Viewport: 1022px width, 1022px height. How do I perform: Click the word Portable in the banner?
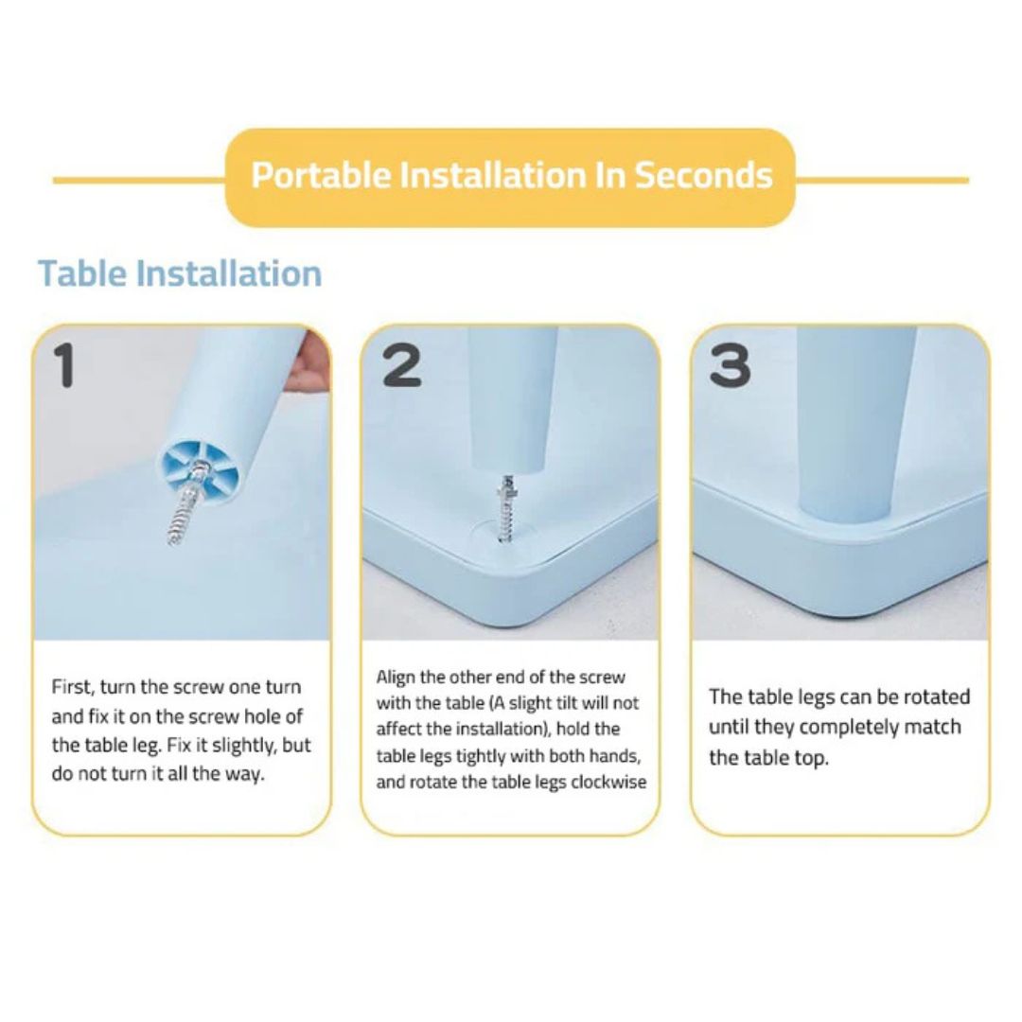321,176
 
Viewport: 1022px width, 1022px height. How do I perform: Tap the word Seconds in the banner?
703,175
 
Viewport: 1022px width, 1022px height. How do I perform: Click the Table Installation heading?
180,273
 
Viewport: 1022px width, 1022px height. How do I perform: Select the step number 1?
64,365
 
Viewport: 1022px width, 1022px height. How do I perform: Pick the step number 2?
401,365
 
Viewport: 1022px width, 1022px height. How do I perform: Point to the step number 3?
730,365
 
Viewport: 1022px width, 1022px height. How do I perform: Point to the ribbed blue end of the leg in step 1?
198,469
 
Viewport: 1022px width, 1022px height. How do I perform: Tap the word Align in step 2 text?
396,678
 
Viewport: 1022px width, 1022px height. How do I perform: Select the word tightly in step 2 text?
480,757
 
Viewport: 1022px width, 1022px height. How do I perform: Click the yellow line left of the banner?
139,180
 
